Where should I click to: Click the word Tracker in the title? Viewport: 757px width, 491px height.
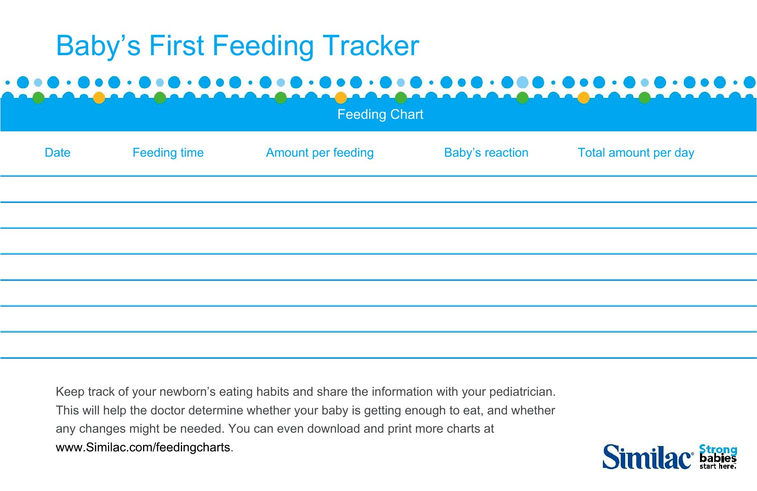371,45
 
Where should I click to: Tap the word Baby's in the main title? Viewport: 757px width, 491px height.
98,47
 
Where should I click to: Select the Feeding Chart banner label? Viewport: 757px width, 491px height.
380,114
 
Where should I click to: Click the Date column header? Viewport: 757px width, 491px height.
57,152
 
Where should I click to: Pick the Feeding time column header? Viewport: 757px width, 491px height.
168,153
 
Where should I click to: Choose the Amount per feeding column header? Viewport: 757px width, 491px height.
320,153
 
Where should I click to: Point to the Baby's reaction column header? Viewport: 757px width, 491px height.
486,153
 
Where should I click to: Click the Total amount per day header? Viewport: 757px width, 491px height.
636,153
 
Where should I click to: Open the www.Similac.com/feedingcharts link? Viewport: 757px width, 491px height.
144,447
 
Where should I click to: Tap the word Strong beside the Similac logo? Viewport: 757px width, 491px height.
718,450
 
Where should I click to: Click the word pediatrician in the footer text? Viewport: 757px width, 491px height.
522,392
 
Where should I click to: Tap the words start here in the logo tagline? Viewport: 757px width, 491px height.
717,467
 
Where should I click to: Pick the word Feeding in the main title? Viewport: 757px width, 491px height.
263,47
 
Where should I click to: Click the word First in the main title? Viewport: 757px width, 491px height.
176,45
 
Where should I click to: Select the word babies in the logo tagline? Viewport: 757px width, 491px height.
718,458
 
